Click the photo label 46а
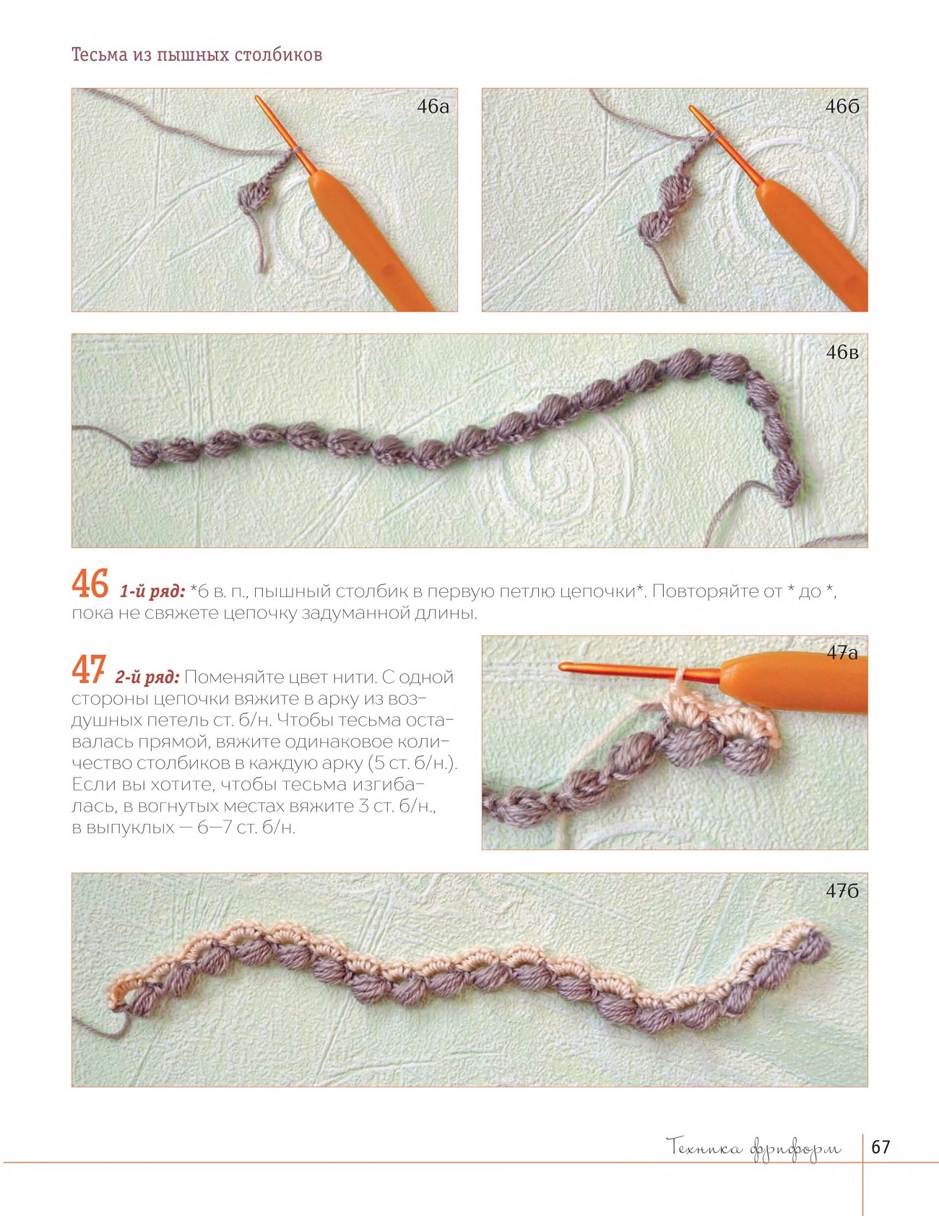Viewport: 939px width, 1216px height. coord(433,107)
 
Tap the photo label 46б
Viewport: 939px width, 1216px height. coord(842,107)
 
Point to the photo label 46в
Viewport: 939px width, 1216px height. coord(842,352)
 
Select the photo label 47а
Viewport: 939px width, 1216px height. coord(842,653)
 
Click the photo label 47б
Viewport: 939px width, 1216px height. coord(842,891)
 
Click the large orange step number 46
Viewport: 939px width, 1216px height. coord(90,584)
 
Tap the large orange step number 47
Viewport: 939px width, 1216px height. coord(89,670)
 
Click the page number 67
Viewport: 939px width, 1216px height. coord(880,1147)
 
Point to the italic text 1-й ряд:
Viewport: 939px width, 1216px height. coord(152,592)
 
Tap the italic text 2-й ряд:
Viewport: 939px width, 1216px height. coord(147,677)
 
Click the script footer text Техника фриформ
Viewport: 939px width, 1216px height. coord(754,1148)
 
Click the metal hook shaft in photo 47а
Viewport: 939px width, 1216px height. coord(639,672)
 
